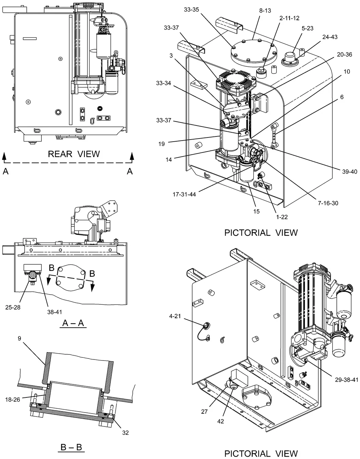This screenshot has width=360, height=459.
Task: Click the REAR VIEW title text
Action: click(x=74, y=154)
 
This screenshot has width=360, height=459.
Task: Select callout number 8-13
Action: click(x=265, y=11)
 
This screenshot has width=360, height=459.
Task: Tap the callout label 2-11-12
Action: click(x=289, y=18)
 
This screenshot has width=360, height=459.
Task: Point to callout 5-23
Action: click(x=307, y=28)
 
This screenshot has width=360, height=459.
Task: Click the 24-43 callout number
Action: click(x=330, y=37)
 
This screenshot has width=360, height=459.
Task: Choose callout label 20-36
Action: click(x=344, y=54)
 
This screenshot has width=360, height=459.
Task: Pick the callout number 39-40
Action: click(x=350, y=171)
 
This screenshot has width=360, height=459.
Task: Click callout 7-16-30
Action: click(x=328, y=203)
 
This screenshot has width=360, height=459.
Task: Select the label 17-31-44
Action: click(x=184, y=194)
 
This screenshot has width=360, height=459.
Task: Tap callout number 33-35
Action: click(x=191, y=10)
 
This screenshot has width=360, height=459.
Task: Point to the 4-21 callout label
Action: click(x=175, y=316)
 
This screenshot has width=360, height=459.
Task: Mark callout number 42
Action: click(x=221, y=421)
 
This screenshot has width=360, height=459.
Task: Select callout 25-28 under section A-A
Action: click(x=13, y=307)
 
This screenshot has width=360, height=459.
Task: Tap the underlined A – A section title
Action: click(x=73, y=323)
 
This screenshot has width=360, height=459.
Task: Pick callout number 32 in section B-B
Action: click(x=125, y=433)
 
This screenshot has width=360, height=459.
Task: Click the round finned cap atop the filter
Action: click(x=236, y=80)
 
